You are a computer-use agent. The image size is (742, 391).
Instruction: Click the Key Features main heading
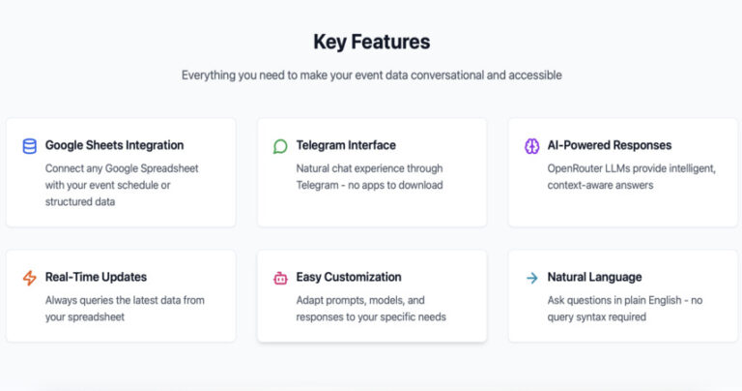pyautogui.click(x=371, y=42)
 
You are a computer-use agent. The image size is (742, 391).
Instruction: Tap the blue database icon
pyautogui.click(x=30, y=146)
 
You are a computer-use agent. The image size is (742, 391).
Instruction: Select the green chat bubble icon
pyautogui.click(x=280, y=146)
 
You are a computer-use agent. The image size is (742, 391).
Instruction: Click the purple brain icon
pyautogui.click(x=532, y=146)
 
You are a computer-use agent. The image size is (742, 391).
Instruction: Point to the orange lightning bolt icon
pyautogui.click(x=30, y=278)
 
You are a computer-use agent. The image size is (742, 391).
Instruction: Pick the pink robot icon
pyautogui.click(x=280, y=278)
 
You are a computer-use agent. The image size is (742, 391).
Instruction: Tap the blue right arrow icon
pyautogui.click(x=532, y=278)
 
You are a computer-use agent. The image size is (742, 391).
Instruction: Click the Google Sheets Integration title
pyautogui.click(x=115, y=145)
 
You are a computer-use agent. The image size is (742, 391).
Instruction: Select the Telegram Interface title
pyautogui.click(x=346, y=145)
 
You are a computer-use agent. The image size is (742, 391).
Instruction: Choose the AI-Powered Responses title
pyautogui.click(x=610, y=145)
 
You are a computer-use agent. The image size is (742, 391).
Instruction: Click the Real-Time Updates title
pyautogui.click(x=96, y=277)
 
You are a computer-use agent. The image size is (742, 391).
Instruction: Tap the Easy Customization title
pyautogui.click(x=349, y=277)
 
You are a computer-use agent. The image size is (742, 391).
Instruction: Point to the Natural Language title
pyautogui.click(x=594, y=277)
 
